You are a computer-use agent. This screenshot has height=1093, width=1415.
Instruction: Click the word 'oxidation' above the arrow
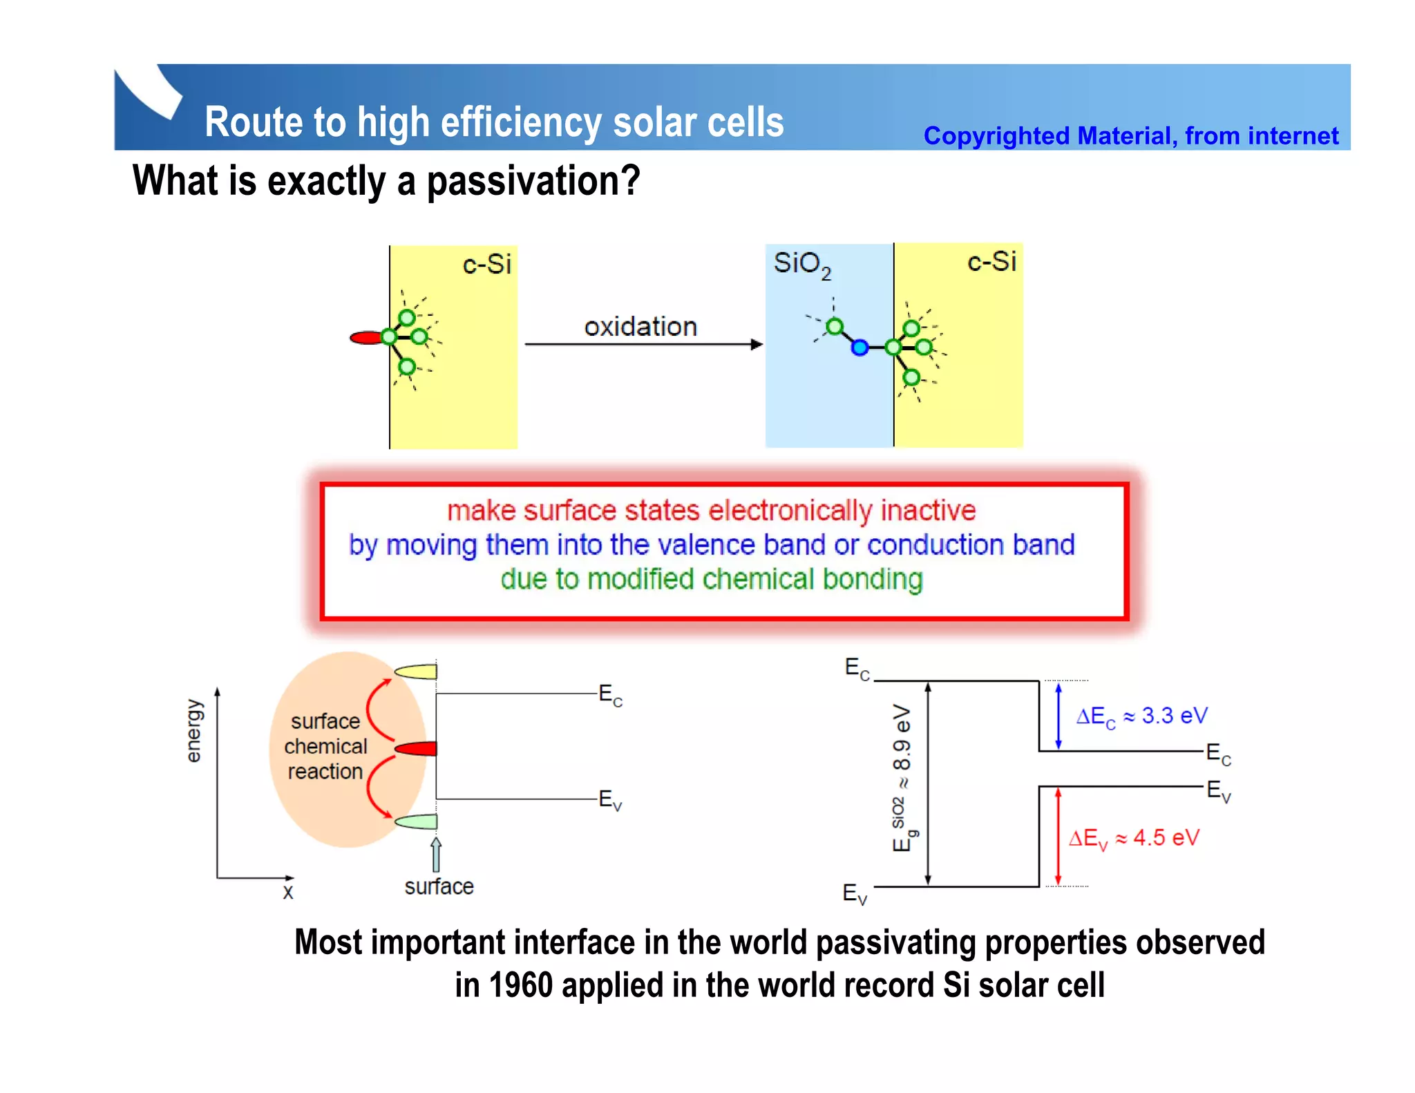[640, 327]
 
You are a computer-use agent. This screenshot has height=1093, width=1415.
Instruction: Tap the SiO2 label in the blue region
[801, 265]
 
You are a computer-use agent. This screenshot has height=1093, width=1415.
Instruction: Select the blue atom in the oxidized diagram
[860, 348]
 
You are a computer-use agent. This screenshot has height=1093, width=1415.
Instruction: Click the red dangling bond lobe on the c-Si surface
[366, 338]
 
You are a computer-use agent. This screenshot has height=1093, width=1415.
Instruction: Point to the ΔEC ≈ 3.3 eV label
[1141, 716]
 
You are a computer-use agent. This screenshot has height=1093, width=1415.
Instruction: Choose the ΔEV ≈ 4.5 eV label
[1134, 839]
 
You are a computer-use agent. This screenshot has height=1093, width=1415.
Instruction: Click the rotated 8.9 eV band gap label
[902, 777]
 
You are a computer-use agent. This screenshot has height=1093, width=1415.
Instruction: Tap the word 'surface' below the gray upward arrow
[439, 886]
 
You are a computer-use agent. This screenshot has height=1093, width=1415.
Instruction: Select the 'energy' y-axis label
[194, 731]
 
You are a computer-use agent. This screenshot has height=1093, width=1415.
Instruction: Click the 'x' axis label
[288, 892]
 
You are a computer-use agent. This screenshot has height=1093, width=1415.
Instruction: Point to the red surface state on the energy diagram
[417, 748]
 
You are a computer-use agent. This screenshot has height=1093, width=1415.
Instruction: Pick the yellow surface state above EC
[417, 671]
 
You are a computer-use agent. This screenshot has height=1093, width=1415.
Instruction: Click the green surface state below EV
[417, 821]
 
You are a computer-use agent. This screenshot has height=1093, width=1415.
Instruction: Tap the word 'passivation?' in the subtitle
[533, 182]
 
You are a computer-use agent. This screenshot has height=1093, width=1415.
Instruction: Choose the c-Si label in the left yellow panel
[486, 264]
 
